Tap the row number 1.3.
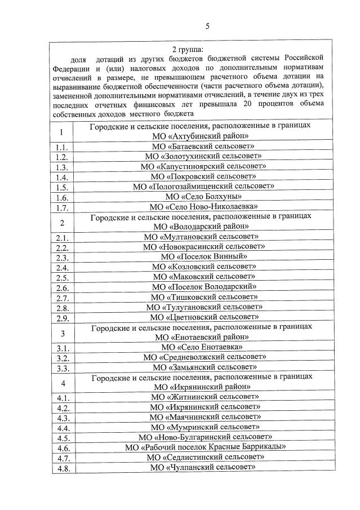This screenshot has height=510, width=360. pyautogui.click(x=62, y=167)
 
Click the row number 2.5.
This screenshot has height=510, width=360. pyautogui.click(x=62, y=277)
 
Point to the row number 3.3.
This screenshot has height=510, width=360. pyautogui.click(x=62, y=368)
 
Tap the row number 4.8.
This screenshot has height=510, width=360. pyautogui.click(x=62, y=467)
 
